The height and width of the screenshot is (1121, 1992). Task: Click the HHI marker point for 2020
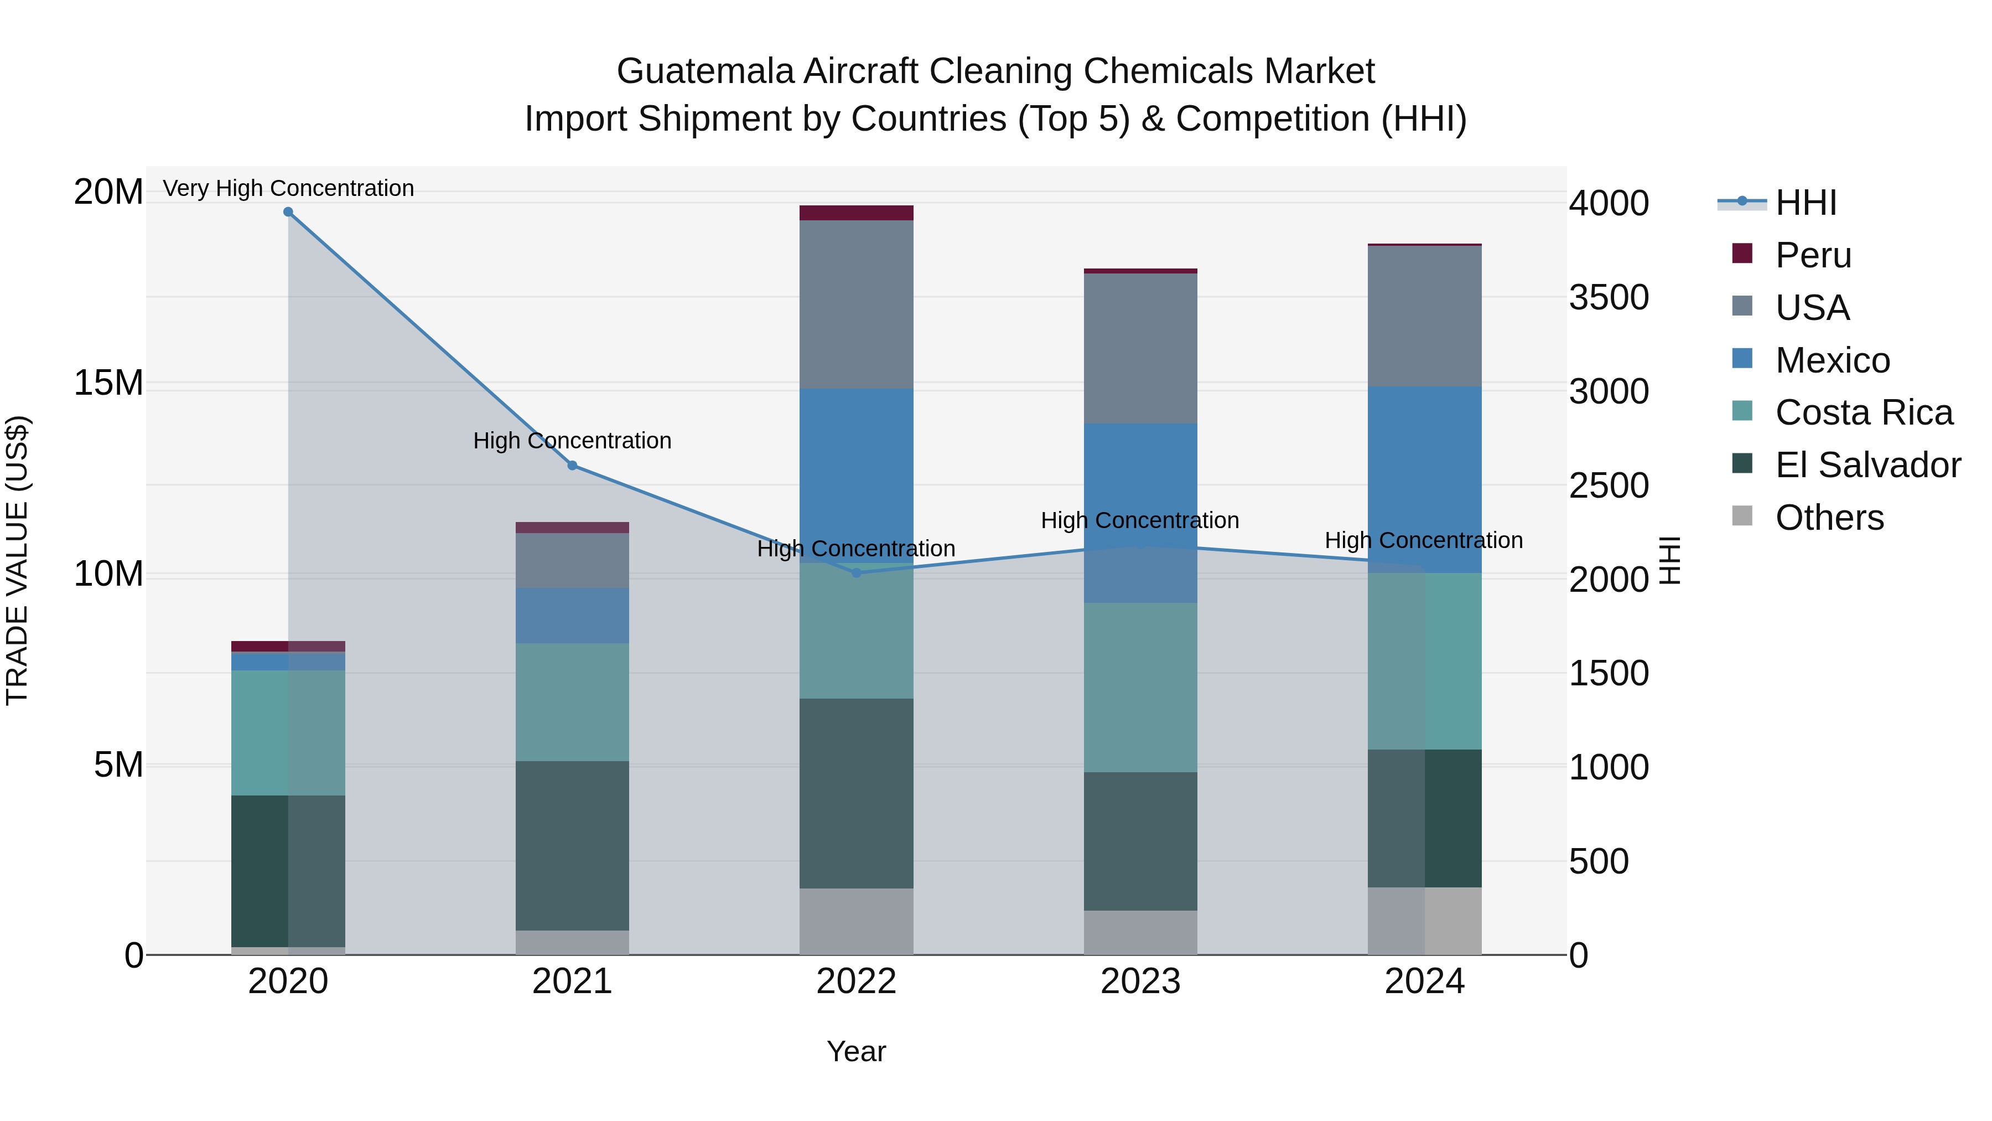[x=288, y=212]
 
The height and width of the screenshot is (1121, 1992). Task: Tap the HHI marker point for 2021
[x=572, y=466]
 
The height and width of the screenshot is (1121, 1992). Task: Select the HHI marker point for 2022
[x=856, y=574]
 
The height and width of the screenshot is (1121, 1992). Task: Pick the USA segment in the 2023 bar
[x=1140, y=348]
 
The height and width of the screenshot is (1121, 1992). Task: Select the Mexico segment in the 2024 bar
[x=1424, y=479]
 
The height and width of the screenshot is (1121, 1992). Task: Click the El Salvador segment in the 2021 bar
[x=572, y=845]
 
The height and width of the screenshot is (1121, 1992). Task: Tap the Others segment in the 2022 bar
[x=856, y=921]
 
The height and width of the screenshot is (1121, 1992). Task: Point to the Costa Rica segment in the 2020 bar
[x=288, y=732]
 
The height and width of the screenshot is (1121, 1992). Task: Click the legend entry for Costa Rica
[x=1864, y=412]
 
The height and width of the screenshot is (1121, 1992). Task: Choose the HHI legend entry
[x=1806, y=203]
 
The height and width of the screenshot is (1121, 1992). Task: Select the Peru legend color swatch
[x=1742, y=254]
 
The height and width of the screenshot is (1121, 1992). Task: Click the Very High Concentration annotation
[x=288, y=188]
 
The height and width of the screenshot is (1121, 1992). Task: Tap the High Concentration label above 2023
[x=1140, y=521]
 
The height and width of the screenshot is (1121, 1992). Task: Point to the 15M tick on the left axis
[x=109, y=384]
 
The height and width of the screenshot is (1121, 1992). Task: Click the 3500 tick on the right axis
[x=1609, y=298]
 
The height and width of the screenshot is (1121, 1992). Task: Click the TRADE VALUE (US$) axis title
[x=17, y=561]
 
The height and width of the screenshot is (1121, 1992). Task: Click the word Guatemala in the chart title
[x=704, y=71]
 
